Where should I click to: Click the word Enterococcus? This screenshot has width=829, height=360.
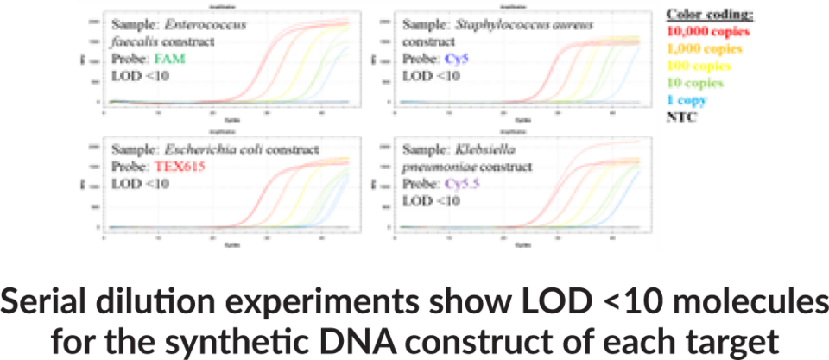(203, 25)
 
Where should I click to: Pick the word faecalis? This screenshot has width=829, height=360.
(135, 41)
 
